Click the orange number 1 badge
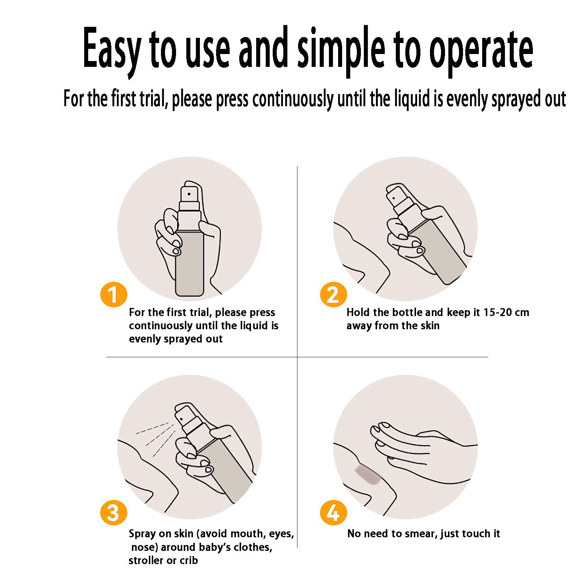click(114, 294)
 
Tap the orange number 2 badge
click(333, 294)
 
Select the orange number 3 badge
click(114, 513)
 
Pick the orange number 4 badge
click(333, 513)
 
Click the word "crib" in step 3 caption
click(189, 560)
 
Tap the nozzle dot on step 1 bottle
click(189, 194)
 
